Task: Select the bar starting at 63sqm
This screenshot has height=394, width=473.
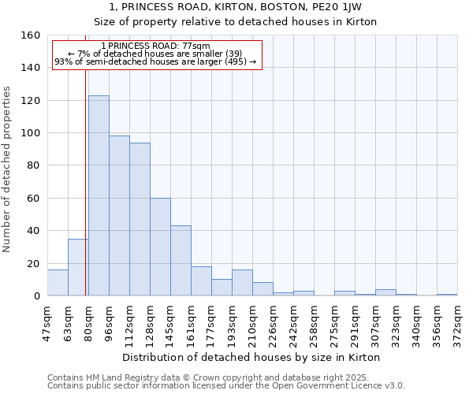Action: [78, 267]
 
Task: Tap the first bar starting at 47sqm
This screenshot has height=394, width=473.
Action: [58, 283]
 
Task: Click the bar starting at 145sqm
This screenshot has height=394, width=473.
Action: [181, 261]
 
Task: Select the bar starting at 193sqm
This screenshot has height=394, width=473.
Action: [242, 283]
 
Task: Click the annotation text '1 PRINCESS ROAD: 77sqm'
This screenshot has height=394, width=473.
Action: [156, 46]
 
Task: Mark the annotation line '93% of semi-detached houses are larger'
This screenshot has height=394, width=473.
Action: [155, 61]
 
